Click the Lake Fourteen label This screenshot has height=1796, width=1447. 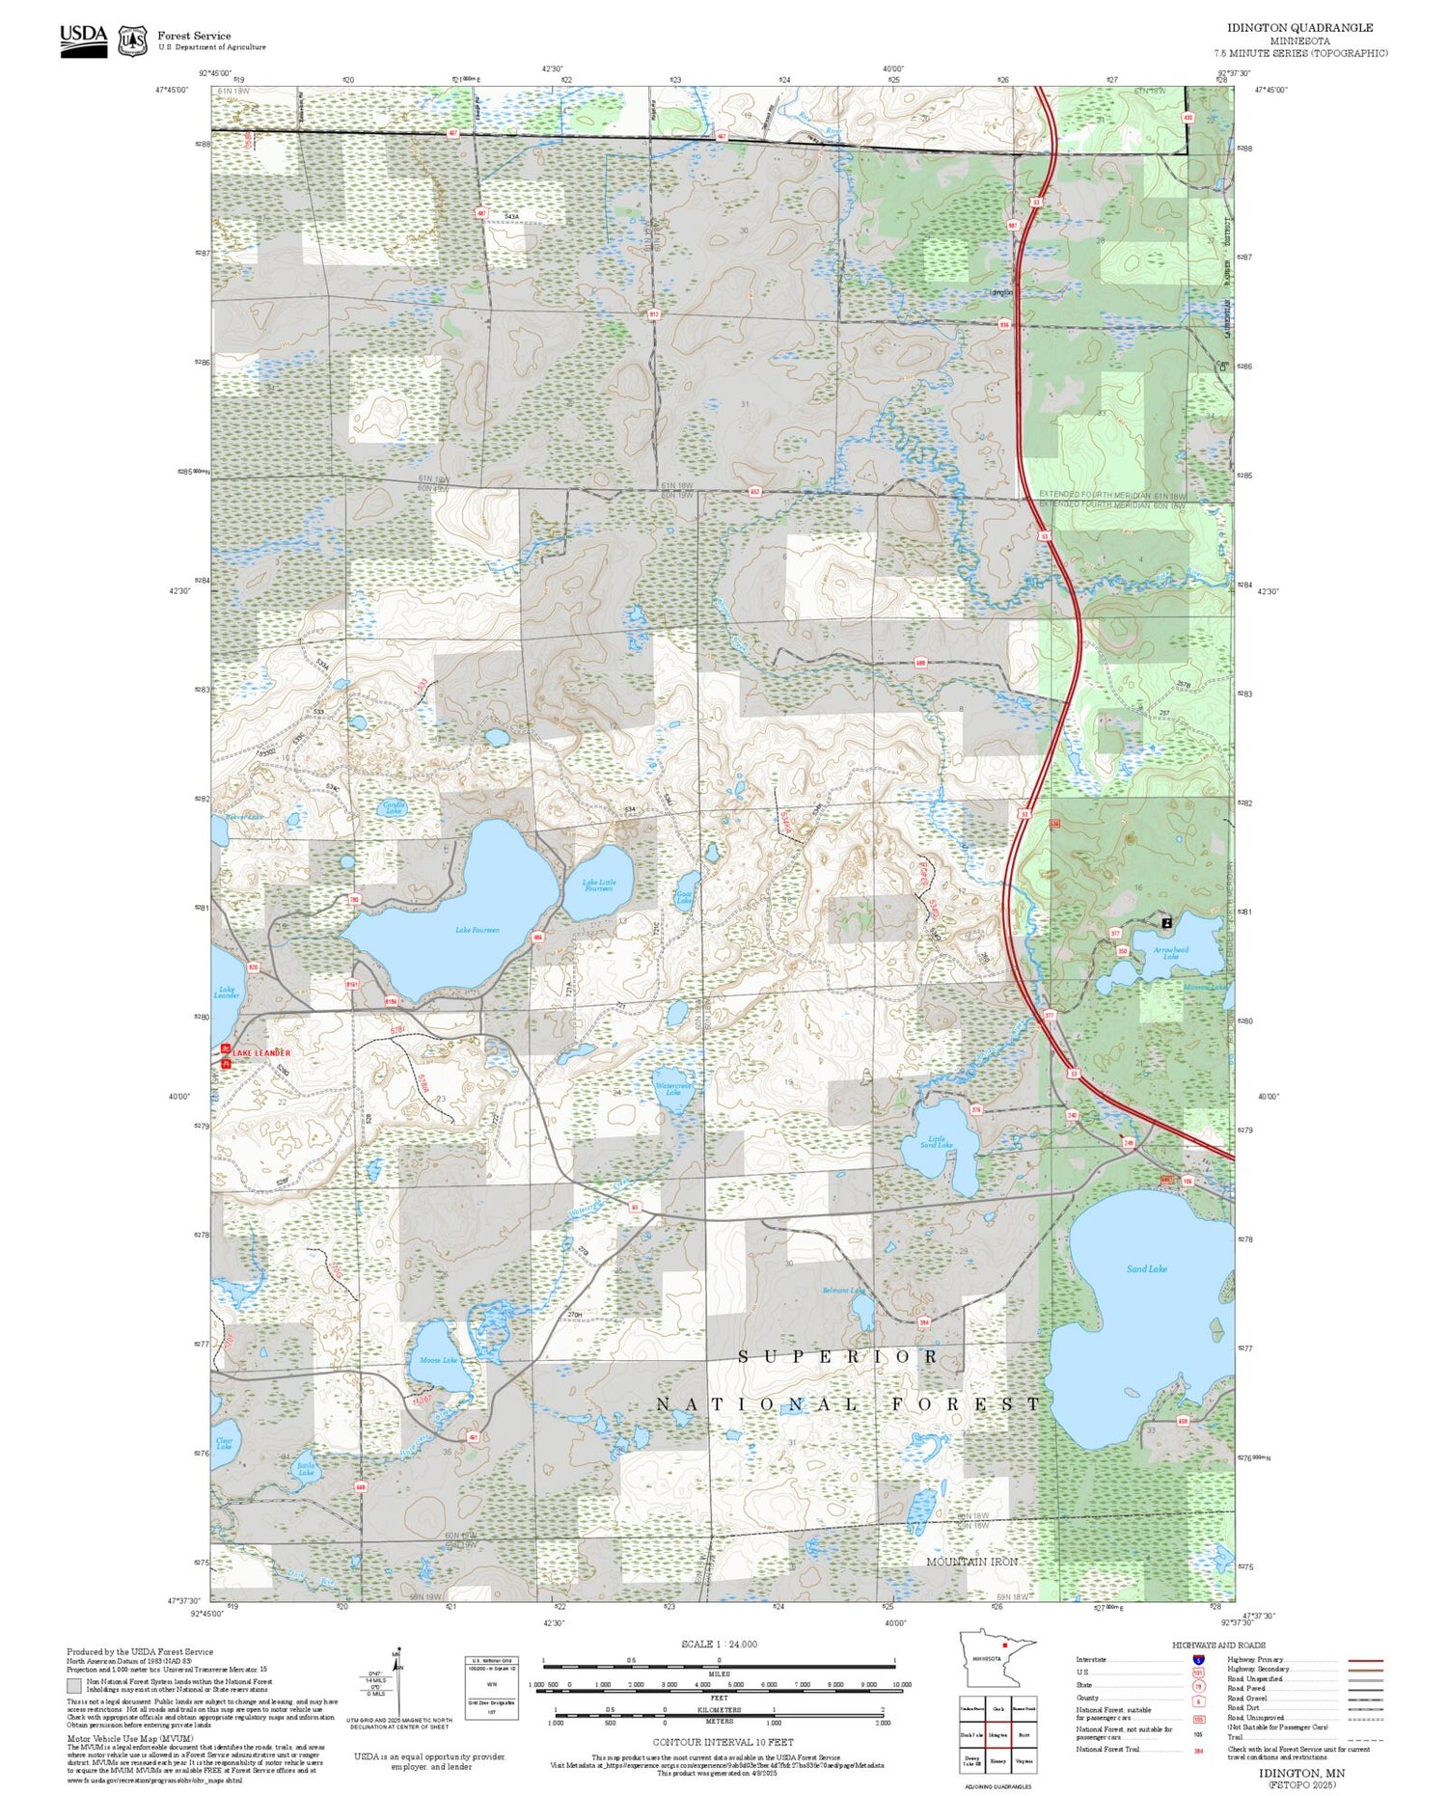(478, 930)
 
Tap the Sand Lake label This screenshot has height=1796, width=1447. (1146, 1268)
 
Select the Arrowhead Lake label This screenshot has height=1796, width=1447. (1170, 953)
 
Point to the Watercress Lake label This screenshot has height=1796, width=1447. (673, 1088)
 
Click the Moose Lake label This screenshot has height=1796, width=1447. (438, 1360)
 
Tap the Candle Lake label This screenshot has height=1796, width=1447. (394, 808)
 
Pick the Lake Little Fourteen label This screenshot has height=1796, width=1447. (598, 884)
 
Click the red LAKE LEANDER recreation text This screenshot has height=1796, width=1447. (260, 1052)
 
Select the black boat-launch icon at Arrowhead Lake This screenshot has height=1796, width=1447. (1167, 922)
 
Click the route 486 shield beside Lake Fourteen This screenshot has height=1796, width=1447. (537, 938)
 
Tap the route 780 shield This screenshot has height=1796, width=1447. (354, 900)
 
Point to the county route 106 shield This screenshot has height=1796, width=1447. (1188, 1181)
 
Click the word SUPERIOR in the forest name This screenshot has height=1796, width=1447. (838, 1356)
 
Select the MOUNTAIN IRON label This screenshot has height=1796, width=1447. (971, 1561)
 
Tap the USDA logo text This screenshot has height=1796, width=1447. (83, 35)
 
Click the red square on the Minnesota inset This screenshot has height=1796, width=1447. (1005, 1646)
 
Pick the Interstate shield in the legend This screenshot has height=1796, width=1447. (1198, 1658)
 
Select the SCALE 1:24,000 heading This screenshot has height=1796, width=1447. (719, 1644)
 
